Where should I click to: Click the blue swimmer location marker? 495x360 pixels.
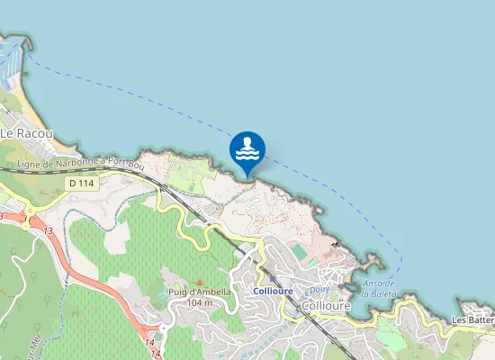coord(247,150)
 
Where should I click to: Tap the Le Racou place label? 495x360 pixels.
coord(26,133)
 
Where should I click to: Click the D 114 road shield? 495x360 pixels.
coord(81,183)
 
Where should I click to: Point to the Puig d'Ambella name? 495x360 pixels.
coord(199,292)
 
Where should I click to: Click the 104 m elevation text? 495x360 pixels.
coord(199,303)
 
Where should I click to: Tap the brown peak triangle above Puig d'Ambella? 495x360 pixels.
coord(199,282)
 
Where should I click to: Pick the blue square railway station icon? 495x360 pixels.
coord(272,279)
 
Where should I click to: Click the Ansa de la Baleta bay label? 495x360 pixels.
coord(379,288)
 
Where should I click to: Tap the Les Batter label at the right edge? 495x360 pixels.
coord(472,319)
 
